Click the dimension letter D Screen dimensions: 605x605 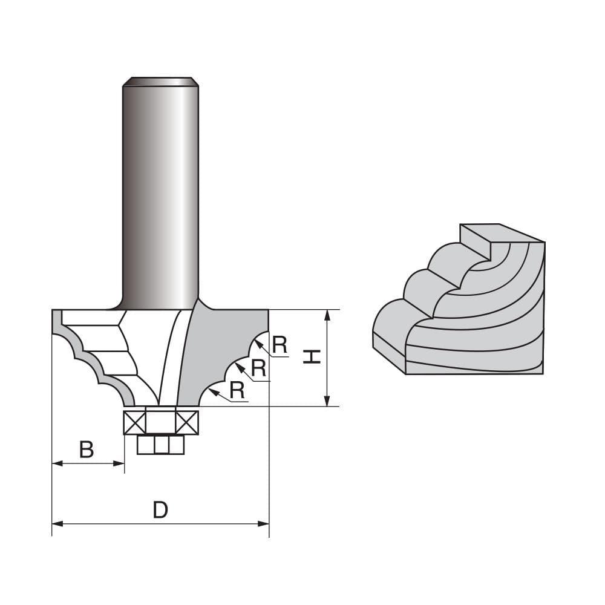pyautogui.click(x=160, y=510)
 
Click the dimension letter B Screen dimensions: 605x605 pyautogui.click(x=87, y=450)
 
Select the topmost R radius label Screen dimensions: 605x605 pyautogui.click(x=279, y=345)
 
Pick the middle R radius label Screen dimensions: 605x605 pyautogui.click(x=258, y=368)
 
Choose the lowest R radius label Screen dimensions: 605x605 pyautogui.click(x=237, y=391)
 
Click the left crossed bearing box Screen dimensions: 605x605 pyautogui.click(x=135, y=422)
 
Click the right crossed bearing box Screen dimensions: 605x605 pyautogui.click(x=187, y=422)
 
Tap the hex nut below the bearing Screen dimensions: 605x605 pyautogui.click(x=160, y=445)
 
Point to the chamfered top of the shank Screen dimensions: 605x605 pyautogui.click(x=160, y=82)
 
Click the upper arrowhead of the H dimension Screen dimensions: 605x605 pyautogui.click(x=327, y=314)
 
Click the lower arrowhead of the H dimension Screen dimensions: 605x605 pyautogui.click(x=327, y=401)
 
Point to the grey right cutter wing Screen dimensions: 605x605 pyautogui.click(x=224, y=351)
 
